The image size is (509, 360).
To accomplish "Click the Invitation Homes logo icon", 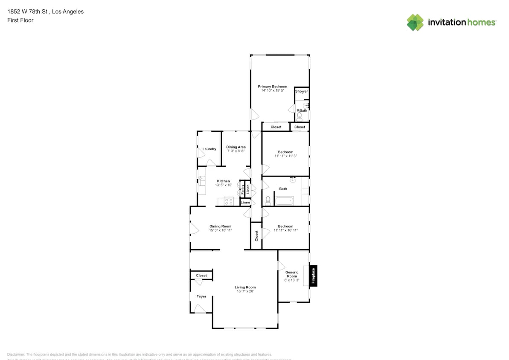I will point(415,22).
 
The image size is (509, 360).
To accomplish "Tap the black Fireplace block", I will point(313,275).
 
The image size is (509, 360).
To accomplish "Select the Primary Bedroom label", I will point(272,87).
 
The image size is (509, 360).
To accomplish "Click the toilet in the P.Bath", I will point(300,115).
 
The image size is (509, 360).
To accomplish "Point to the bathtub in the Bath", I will point(284,200).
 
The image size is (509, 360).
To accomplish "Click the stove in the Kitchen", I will point(229,201).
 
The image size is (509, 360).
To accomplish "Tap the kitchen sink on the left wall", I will point(201,181).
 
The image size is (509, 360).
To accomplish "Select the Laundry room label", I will point(209,149).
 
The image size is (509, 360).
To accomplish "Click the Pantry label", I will point(242,189).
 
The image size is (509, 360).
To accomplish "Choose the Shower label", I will point(301,91).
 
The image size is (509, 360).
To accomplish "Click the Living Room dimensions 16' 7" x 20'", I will point(245,291).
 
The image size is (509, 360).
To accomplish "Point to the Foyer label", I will point(201,296).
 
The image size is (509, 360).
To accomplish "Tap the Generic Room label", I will point(292,274).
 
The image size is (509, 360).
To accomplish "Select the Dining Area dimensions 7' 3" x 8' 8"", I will point(236,151).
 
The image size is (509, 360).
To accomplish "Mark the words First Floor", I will point(20,20).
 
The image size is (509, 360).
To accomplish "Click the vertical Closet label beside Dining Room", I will point(256,235).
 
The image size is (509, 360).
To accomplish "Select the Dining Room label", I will point(220,226).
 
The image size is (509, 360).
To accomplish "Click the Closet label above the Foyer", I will point(201,276).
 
